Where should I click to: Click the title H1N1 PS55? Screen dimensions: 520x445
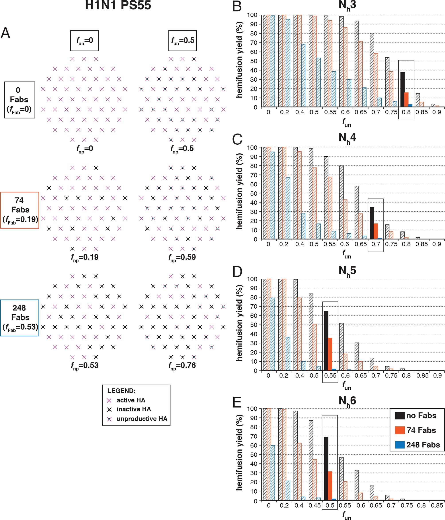tap(118, 6)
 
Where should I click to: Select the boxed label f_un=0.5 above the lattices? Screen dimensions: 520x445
tap(183, 40)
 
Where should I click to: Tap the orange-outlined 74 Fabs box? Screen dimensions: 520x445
tap(20, 210)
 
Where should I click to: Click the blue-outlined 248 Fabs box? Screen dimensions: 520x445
tap(20, 318)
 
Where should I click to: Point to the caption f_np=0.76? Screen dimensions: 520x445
tap(182, 365)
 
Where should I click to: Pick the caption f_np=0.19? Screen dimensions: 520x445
tap(84, 257)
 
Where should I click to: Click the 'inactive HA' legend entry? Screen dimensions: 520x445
tap(134, 409)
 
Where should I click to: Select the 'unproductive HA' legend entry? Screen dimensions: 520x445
tap(142, 419)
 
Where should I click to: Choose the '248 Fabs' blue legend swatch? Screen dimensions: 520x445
tap(400, 445)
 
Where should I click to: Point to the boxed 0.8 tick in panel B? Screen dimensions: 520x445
tap(406, 112)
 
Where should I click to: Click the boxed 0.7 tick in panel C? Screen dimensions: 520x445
tap(376, 244)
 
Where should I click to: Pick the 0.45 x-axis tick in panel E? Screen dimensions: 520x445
tap(314, 505)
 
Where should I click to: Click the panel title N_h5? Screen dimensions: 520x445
tap(347, 271)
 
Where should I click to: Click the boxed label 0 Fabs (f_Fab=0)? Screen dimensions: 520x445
tap(19, 100)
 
